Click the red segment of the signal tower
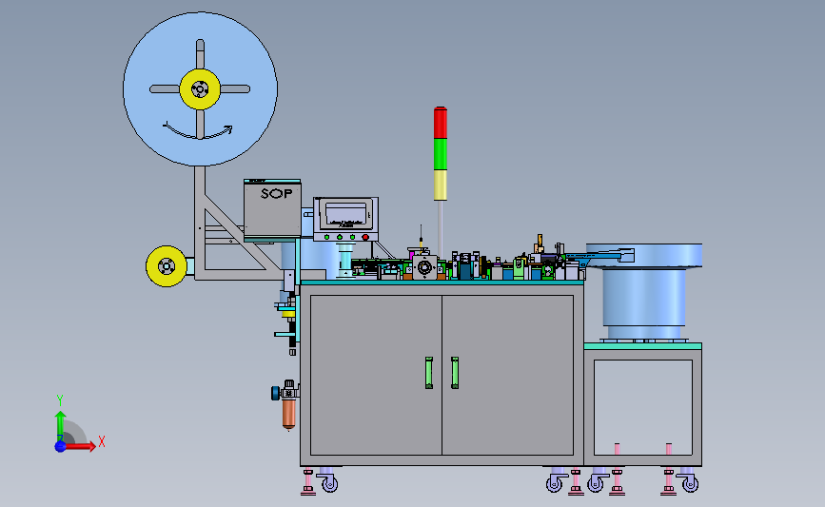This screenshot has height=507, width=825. [440, 123]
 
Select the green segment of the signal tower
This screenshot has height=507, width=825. [440, 154]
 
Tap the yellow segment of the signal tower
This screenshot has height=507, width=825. [440, 185]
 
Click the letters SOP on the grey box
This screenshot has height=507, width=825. [276, 193]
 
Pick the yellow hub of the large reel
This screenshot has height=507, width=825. [200, 89]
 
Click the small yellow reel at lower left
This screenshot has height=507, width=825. [166, 266]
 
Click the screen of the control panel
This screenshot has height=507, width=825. [346, 213]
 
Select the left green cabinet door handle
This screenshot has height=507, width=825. [428, 372]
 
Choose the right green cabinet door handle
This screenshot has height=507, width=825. [455, 372]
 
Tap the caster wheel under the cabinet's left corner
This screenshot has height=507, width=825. [329, 484]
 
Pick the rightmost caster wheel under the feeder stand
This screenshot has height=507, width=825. [691, 484]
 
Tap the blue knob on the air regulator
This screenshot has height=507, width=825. [274, 391]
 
